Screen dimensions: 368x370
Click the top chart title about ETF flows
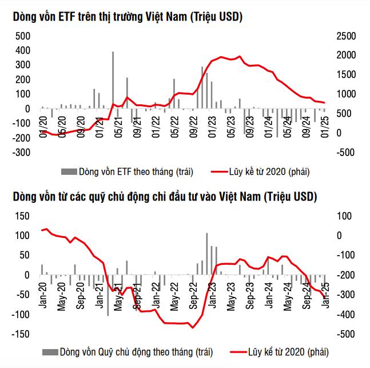(x=128, y=18)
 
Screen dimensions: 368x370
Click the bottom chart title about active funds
(x=165, y=197)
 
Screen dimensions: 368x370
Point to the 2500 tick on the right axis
(x=346, y=36)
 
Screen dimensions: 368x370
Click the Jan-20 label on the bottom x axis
(x=43, y=294)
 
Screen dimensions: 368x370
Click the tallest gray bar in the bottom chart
(x=207, y=253)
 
